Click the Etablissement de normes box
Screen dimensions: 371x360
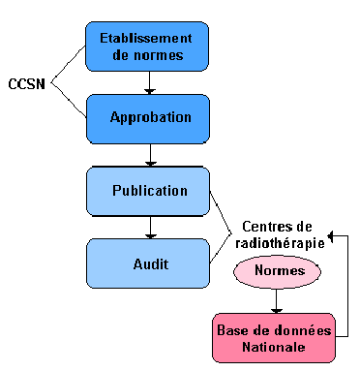point(146,46)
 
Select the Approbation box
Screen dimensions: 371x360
point(146,118)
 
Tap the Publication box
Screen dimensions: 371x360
point(146,191)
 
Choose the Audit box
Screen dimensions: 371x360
point(146,263)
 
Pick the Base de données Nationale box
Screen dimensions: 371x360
point(274,338)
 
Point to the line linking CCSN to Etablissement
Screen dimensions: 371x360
point(68,64)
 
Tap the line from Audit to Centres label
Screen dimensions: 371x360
point(220,250)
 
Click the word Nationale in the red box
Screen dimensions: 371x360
point(274,347)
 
